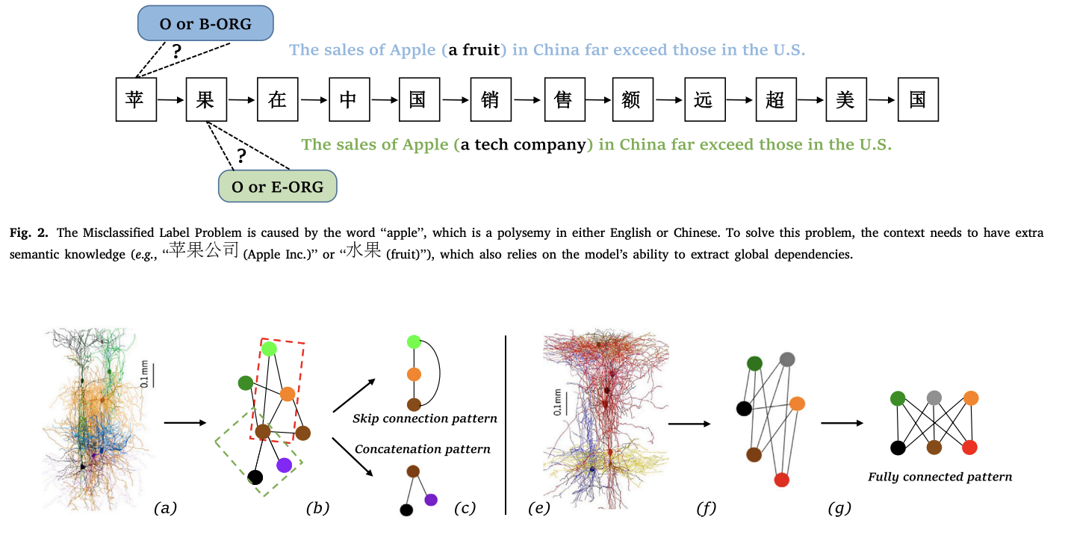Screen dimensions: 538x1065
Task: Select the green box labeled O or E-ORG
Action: coord(277,186)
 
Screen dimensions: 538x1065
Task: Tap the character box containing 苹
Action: coord(136,99)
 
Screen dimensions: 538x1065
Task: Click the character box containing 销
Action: coord(490,99)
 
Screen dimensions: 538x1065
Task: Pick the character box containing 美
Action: coord(845,99)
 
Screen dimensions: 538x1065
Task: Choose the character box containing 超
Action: coord(775,99)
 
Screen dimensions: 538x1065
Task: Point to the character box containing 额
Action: coord(631,99)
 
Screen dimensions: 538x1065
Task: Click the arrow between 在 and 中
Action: coord(313,99)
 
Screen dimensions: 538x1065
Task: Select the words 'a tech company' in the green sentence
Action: coord(523,144)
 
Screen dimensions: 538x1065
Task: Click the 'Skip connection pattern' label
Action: coord(425,418)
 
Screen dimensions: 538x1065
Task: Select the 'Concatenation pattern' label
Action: coord(423,449)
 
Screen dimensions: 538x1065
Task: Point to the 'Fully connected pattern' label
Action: coord(940,477)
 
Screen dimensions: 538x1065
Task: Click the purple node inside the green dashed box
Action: coord(284,465)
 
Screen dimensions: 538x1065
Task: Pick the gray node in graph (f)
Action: coord(786,359)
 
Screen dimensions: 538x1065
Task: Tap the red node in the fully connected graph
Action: coord(969,448)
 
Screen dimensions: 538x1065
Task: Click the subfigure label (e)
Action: coord(538,510)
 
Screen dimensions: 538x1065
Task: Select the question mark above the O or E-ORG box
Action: coord(241,156)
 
